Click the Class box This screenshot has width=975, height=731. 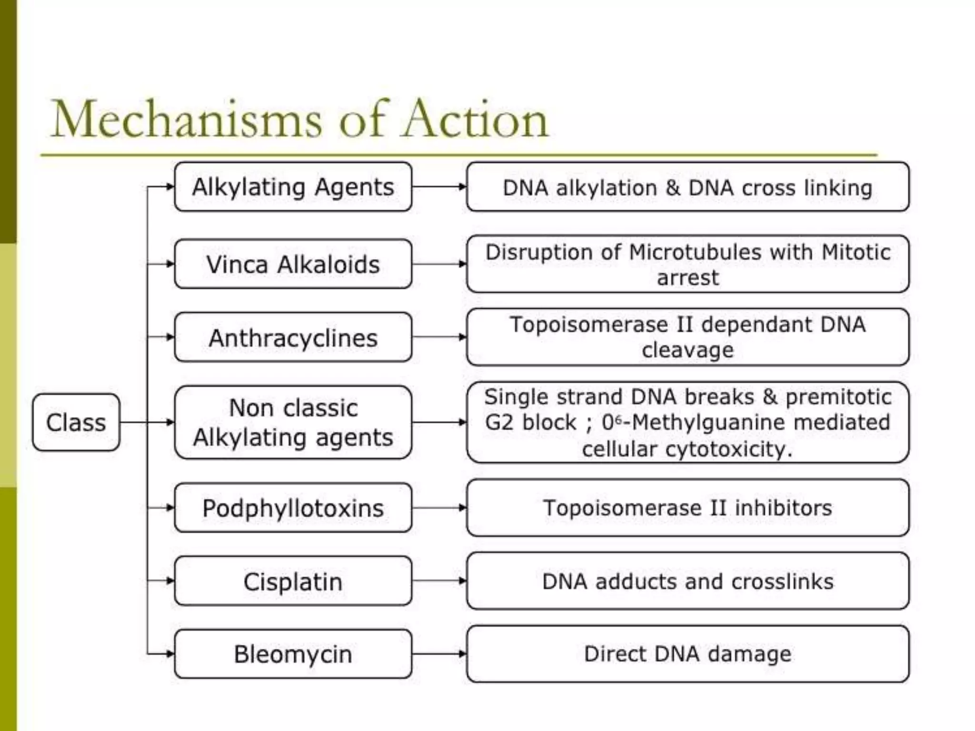pos(76,422)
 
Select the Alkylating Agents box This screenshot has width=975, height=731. pos(293,187)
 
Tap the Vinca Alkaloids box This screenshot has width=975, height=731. pos(293,264)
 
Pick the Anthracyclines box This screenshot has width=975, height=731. pos(293,337)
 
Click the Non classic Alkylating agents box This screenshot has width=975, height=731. pos(293,422)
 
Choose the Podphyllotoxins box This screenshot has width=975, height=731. pos(293,508)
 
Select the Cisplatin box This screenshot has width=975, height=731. pos(293,581)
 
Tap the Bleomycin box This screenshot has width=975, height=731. pos(293,654)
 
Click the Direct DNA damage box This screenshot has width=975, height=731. pos(687,654)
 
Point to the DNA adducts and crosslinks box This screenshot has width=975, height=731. pos(687,581)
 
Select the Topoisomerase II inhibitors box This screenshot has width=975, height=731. pos(687,508)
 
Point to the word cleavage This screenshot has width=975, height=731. pos(687,350)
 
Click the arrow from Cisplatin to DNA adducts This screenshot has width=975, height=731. pos(439,581)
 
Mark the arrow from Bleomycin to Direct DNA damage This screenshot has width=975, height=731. pos(439,653)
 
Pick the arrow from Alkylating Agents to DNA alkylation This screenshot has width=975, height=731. pos(439,187)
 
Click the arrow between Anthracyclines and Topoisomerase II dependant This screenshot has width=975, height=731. pos(439,337)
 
